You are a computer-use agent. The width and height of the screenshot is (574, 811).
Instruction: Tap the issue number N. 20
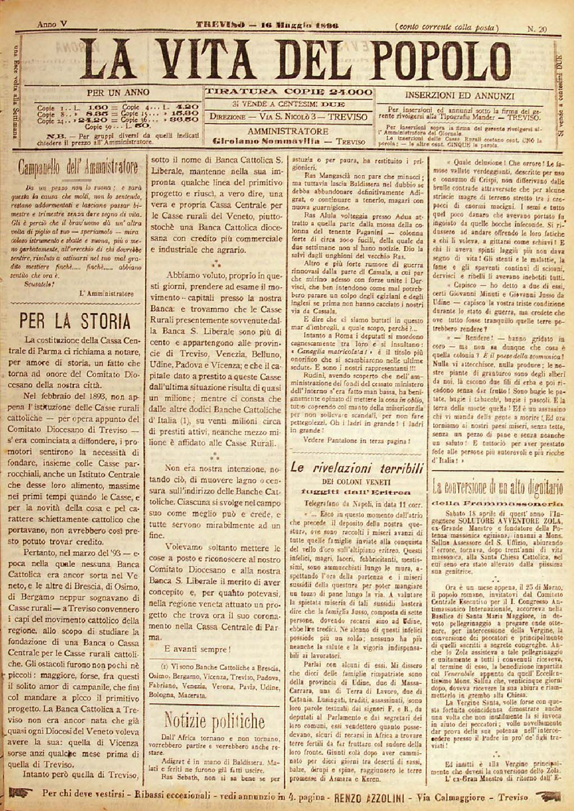537,29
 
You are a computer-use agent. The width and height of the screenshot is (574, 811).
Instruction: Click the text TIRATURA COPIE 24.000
288,92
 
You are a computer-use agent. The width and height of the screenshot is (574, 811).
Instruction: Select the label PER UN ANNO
118,93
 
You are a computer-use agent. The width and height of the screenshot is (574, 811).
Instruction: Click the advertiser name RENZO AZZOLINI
369,797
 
